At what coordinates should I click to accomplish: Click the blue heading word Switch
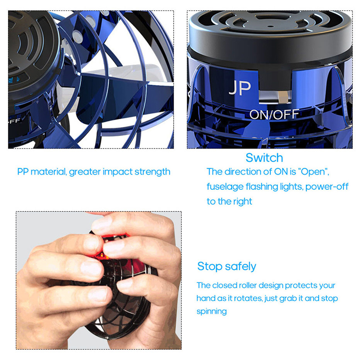click(264, 158)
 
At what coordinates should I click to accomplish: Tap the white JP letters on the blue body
click(240, 88)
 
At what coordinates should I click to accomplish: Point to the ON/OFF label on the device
click(274, 115)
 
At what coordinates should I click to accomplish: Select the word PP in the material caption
click(23, 171)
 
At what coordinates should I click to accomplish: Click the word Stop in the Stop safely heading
click(210, 266)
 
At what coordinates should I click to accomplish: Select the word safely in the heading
click(240, 266)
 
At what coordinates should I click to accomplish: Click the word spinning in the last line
click(211, 311)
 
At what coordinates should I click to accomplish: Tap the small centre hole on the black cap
click(271, 27)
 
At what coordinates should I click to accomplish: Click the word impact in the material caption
click(117, 172)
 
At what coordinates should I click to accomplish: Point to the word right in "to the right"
click(243, 202)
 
